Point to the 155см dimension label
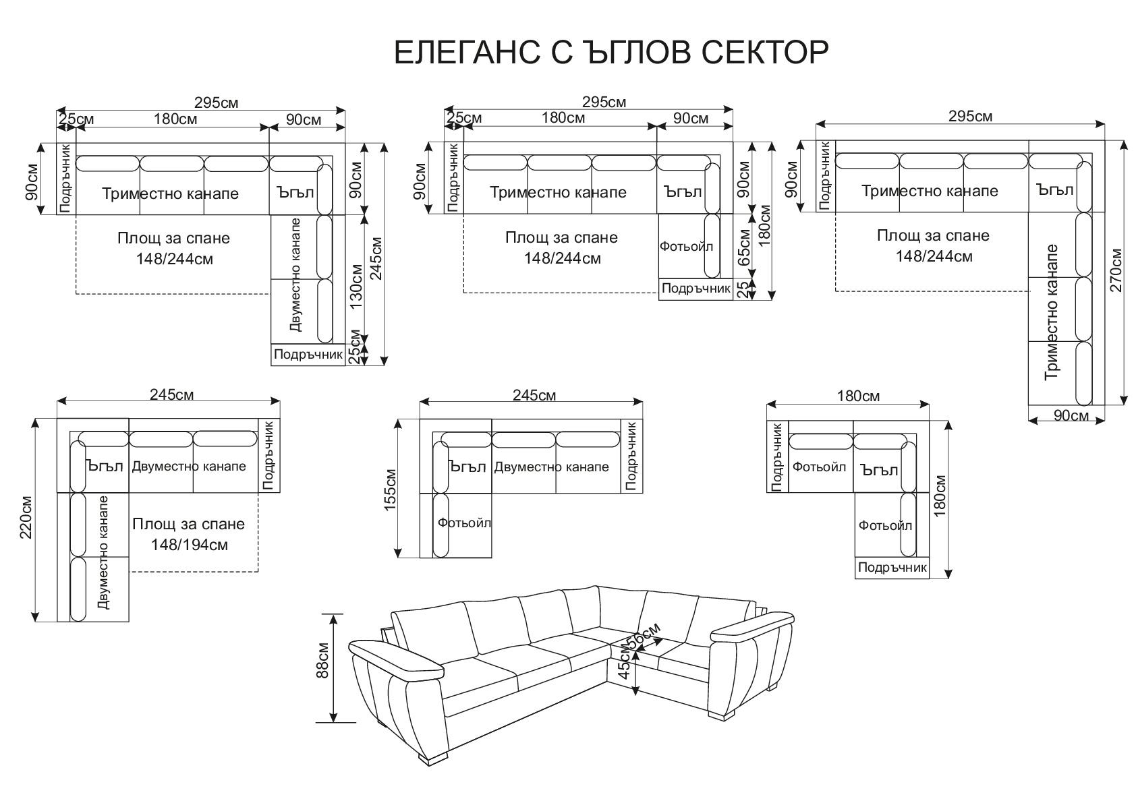(x=391, y=491)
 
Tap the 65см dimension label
(x=744, y=247)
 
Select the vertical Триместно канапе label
(x=1051, y=312)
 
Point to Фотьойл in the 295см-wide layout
(x=686, y=247)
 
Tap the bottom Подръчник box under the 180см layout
(x=892, y=568)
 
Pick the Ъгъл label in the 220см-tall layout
(x=105, y=466)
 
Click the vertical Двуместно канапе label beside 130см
(x=295, y=274)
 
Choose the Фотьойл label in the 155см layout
(x=464, y=523)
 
